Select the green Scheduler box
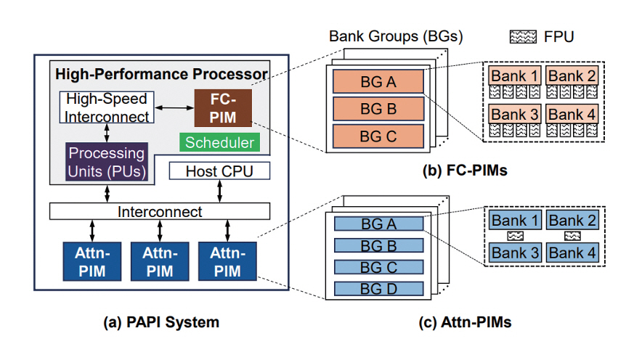coord(219,142)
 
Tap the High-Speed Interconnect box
coord(105,107)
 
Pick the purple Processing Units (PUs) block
coord(106,161)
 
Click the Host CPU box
coord(219,171)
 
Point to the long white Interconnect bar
coord(160,211)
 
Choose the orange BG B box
coord(378,109)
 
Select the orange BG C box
coord(378,136)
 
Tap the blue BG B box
coord(378,245)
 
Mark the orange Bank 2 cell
coord(571,75)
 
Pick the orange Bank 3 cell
coord(515,114)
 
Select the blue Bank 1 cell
coord(515,220)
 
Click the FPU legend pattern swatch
coord(521,36)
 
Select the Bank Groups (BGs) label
coord(395,36)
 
